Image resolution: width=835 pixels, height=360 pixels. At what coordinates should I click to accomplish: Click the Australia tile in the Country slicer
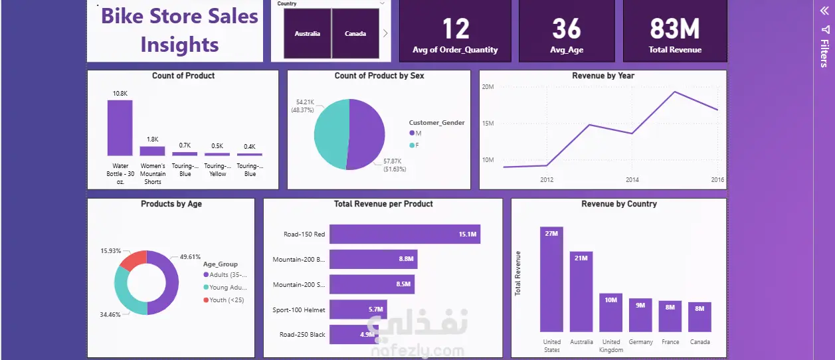(x=307, y=33)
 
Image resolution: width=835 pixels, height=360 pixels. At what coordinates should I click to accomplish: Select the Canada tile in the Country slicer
(x=355, y=33)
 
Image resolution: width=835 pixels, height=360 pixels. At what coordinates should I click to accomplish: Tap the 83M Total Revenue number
(x=674, y=29)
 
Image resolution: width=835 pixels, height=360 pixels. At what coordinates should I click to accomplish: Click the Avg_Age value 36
(x=566, y=29)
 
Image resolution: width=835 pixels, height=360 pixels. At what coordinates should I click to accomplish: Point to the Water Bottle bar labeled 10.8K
(x=120, y=128)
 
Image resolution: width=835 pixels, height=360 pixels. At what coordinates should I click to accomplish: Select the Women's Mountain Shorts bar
(x=152, y=151)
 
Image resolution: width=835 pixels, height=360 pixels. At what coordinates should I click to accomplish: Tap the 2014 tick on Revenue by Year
(x=632, y=180)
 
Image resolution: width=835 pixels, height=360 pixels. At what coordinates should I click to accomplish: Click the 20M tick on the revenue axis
(x=487, y=87)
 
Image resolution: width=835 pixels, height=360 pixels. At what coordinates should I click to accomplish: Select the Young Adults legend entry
(x=227, y=288)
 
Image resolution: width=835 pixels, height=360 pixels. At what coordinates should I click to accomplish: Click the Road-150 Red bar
(x=405, y=234)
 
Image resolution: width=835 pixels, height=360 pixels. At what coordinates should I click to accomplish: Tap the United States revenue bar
(x=551, y=279)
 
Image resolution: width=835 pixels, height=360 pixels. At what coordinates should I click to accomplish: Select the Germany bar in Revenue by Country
(x=640, y=315)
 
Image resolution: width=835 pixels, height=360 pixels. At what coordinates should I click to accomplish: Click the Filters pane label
(x=824, y=53)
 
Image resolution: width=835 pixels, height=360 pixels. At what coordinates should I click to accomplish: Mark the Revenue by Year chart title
(x=603, y=76)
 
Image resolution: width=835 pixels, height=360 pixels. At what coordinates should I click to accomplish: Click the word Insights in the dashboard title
(x=179, y=45)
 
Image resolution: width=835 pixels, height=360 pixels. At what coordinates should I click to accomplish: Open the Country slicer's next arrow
(x=385, y=33)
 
